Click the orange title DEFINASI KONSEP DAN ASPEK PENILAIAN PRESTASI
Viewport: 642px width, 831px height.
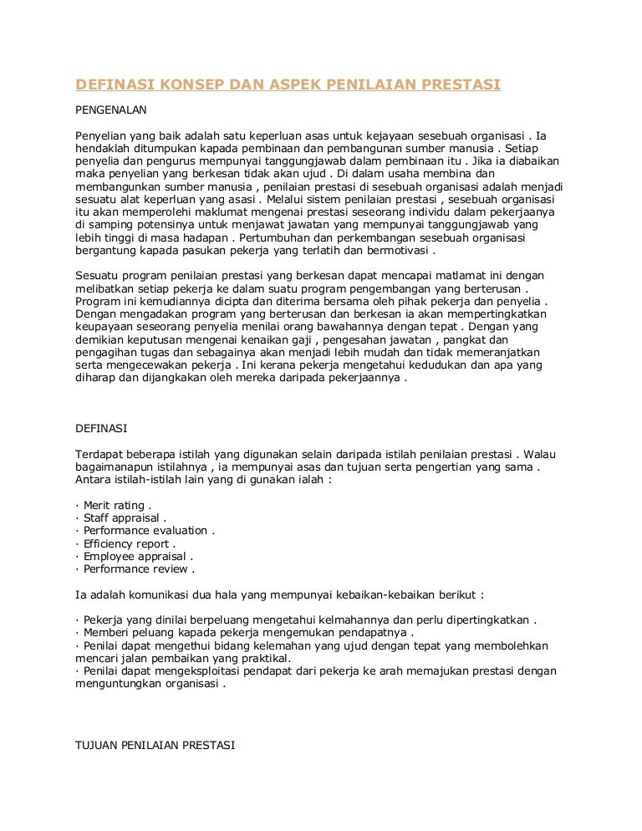coord(288,85)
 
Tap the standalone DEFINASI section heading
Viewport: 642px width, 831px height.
coord(101,427)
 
